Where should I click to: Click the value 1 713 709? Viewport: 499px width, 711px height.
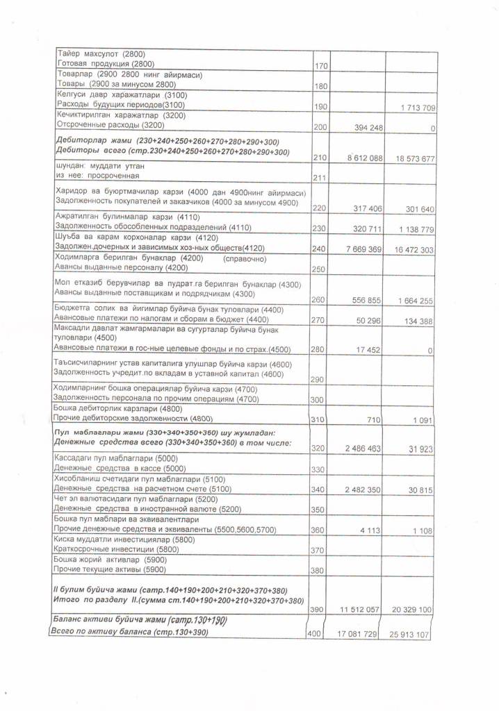click(418, 108)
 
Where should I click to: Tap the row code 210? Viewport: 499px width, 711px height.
click(320, 158)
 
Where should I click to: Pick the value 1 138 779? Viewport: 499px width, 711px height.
click(415, 228)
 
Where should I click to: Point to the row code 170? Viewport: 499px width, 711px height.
click(320, 66)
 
